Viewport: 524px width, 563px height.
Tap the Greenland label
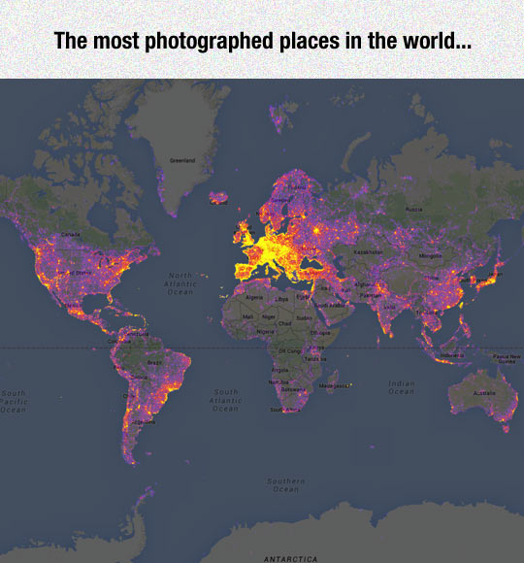(x=181, y=159)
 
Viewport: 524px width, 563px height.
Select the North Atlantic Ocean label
(x=180, y=282)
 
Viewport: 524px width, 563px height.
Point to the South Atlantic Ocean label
(x=225, y=400)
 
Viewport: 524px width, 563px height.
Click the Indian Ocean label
(x=402, y=386)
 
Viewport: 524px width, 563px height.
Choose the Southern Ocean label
(x=285, y=484)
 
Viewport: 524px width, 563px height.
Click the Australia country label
(x=483, y=393)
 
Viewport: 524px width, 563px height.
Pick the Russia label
(x=413, y=209)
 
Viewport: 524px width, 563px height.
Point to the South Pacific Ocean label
(x=13, y=401)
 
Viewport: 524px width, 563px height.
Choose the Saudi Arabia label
(x=336, y=304)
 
